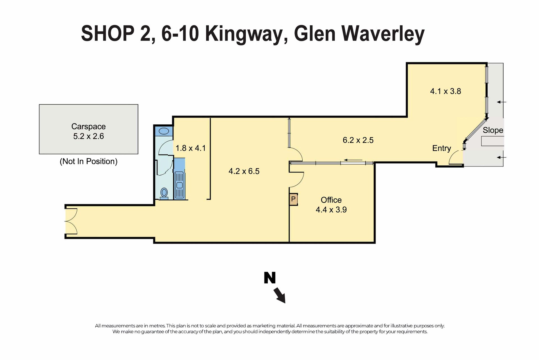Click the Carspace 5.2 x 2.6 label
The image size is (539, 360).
click(88, 131)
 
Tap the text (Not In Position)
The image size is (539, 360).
click(88, 161)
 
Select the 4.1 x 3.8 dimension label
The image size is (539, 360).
click(446, 91)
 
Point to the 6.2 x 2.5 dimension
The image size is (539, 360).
click(358, 140)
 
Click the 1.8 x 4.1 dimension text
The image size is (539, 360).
click(191, 148)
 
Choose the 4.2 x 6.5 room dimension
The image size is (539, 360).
click(244, 171)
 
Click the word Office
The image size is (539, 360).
click(331, 200)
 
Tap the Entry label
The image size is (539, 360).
click(442, 148)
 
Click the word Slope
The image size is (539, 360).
click(493, 130)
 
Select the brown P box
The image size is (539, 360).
click(293, 199)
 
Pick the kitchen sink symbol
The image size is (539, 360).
click(179, 185)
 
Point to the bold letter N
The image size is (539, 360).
click(270, 278)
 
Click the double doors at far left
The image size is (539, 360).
click(71, 222)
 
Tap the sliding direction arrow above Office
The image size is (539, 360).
click(353, 160)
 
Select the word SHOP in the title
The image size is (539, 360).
click(108, 33)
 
